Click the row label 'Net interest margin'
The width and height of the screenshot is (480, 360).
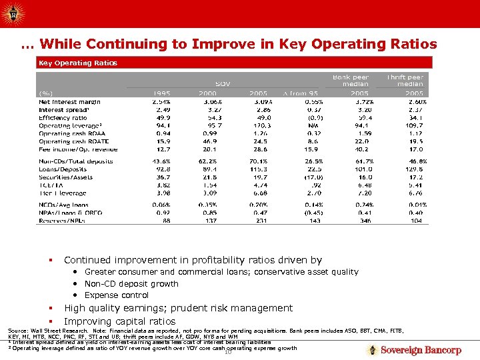pyautogui.click(x=69, y=101)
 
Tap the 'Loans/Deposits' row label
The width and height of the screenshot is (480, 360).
pyautogui.click(x=63, y=169)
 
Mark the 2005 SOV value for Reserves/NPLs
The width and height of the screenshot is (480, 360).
pyautogui.click(x=261, y=219)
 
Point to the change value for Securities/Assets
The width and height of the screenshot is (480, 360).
pyautogui.click(x=311, y=177)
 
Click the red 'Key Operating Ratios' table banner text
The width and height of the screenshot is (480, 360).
pyautogui.click(x=77, y=63)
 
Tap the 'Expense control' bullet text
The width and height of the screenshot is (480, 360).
pyautogui.click(x=117, y=295)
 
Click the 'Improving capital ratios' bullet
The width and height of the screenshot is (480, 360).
pyautogui.click(x=119, y=321)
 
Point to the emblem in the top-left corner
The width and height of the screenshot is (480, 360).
pyautogui.click(x=13, y=12)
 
